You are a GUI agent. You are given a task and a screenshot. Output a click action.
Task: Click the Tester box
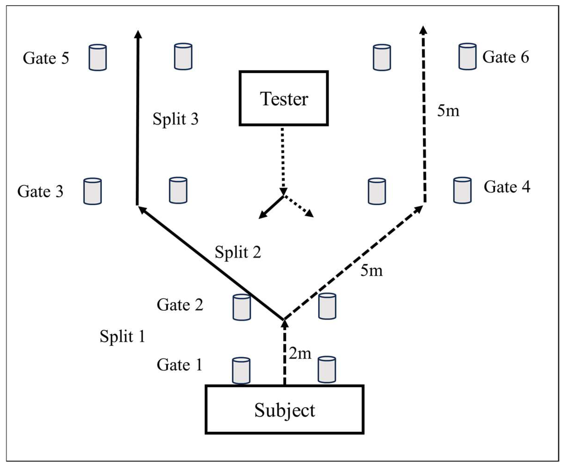coord(283,98)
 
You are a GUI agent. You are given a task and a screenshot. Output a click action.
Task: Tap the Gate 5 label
coord(46,58)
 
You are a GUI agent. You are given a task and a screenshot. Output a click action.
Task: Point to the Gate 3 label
coord(40,191)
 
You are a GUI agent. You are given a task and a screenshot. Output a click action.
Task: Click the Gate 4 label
coord(507,187)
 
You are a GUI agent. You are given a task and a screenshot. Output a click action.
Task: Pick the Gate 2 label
coord(180,305)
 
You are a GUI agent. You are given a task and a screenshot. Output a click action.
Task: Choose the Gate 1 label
coord(179,365)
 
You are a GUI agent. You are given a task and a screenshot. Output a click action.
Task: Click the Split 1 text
coord(123,336)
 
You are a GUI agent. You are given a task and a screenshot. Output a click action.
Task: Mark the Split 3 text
coord(175,119)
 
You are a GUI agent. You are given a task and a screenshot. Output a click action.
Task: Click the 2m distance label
coord(300,354)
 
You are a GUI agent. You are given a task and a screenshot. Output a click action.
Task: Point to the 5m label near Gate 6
coord(448,110)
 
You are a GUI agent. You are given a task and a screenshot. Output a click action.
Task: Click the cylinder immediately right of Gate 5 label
coord(98,57)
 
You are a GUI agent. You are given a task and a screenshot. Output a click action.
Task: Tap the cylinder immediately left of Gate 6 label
coord(467,57)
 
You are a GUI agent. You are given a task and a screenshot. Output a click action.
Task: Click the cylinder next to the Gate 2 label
coord(242,307)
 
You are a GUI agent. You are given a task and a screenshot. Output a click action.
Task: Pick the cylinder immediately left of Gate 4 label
coord(462,190)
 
